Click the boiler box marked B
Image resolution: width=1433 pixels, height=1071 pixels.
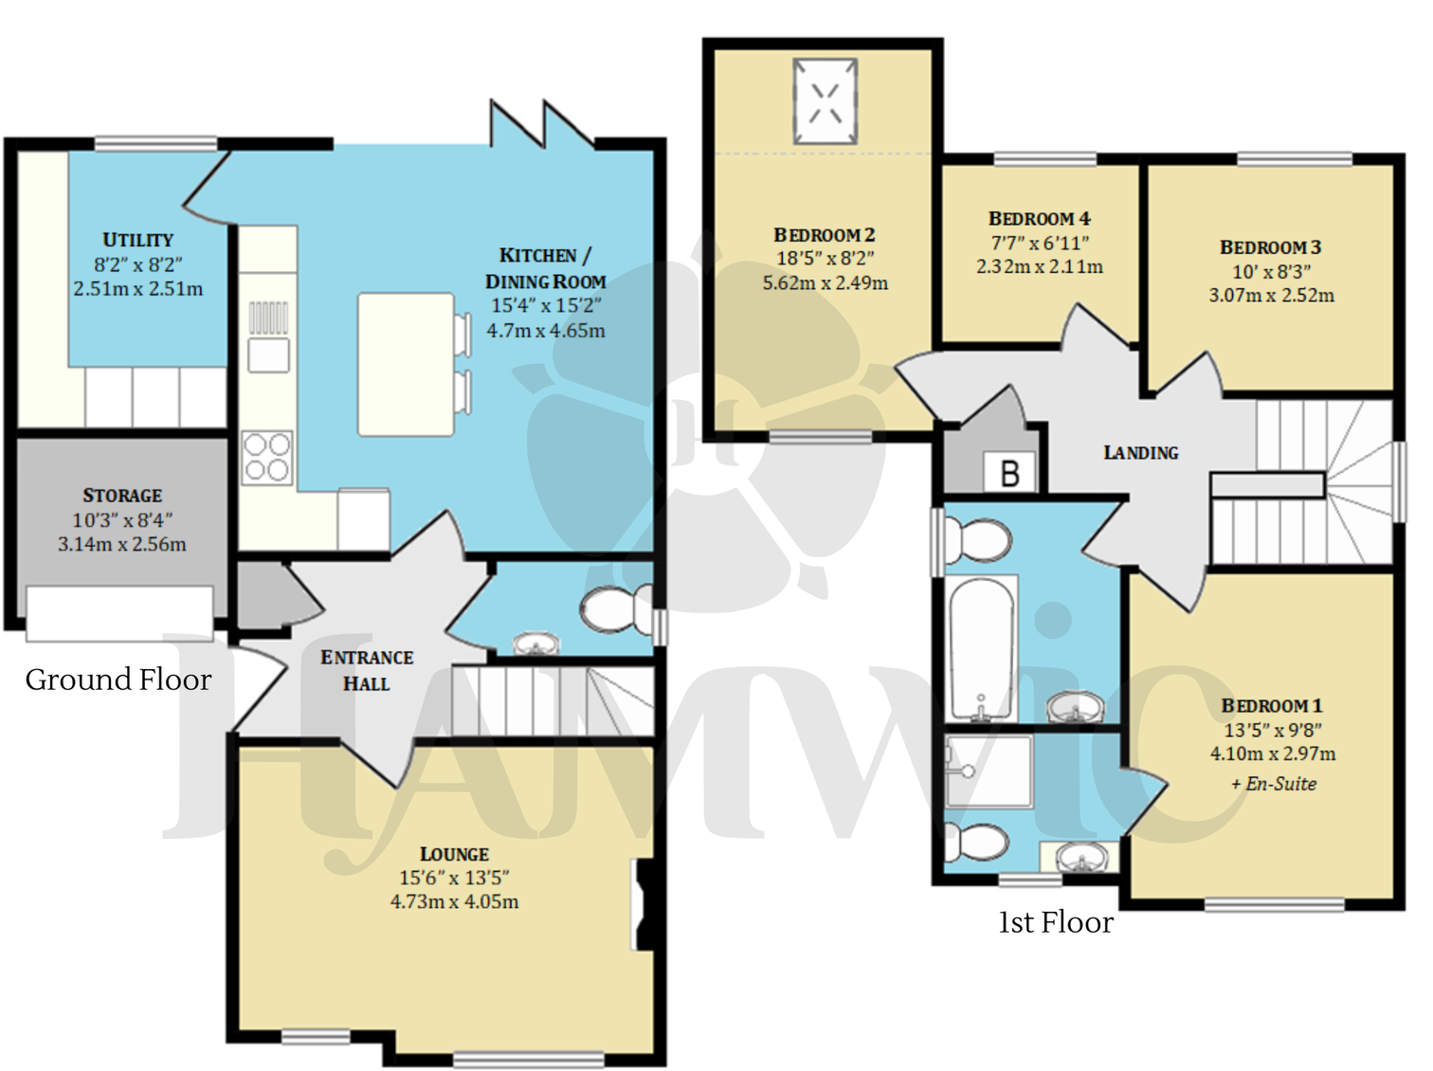[1009, 472]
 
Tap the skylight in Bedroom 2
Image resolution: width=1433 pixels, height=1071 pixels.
[825, 101]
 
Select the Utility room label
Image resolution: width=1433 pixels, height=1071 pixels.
[137, 240]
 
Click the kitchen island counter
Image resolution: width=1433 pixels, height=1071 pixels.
[406, 365]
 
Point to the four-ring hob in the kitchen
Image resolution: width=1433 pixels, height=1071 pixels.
[267, 457]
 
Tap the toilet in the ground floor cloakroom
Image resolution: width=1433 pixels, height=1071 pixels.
[612, 608]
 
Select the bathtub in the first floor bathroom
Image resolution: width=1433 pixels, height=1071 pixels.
[981, 650]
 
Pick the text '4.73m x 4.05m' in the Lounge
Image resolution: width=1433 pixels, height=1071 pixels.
[454, 902]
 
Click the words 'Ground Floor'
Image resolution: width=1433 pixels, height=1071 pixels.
[118, 680]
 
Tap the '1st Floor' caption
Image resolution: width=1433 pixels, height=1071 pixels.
[1055, 922]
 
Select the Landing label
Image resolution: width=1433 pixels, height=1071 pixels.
[1140, 453]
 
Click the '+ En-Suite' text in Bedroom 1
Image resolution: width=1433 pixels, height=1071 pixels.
[1273, 784]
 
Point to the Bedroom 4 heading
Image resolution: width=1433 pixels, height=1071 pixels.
[1039, 219]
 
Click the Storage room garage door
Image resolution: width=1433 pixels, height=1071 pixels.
[119, 613]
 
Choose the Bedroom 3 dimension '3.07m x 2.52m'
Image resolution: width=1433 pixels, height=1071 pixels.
[1270, 296]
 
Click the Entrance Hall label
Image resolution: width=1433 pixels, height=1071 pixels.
[366, 670]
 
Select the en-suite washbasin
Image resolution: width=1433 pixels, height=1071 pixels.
[1081, 859]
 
